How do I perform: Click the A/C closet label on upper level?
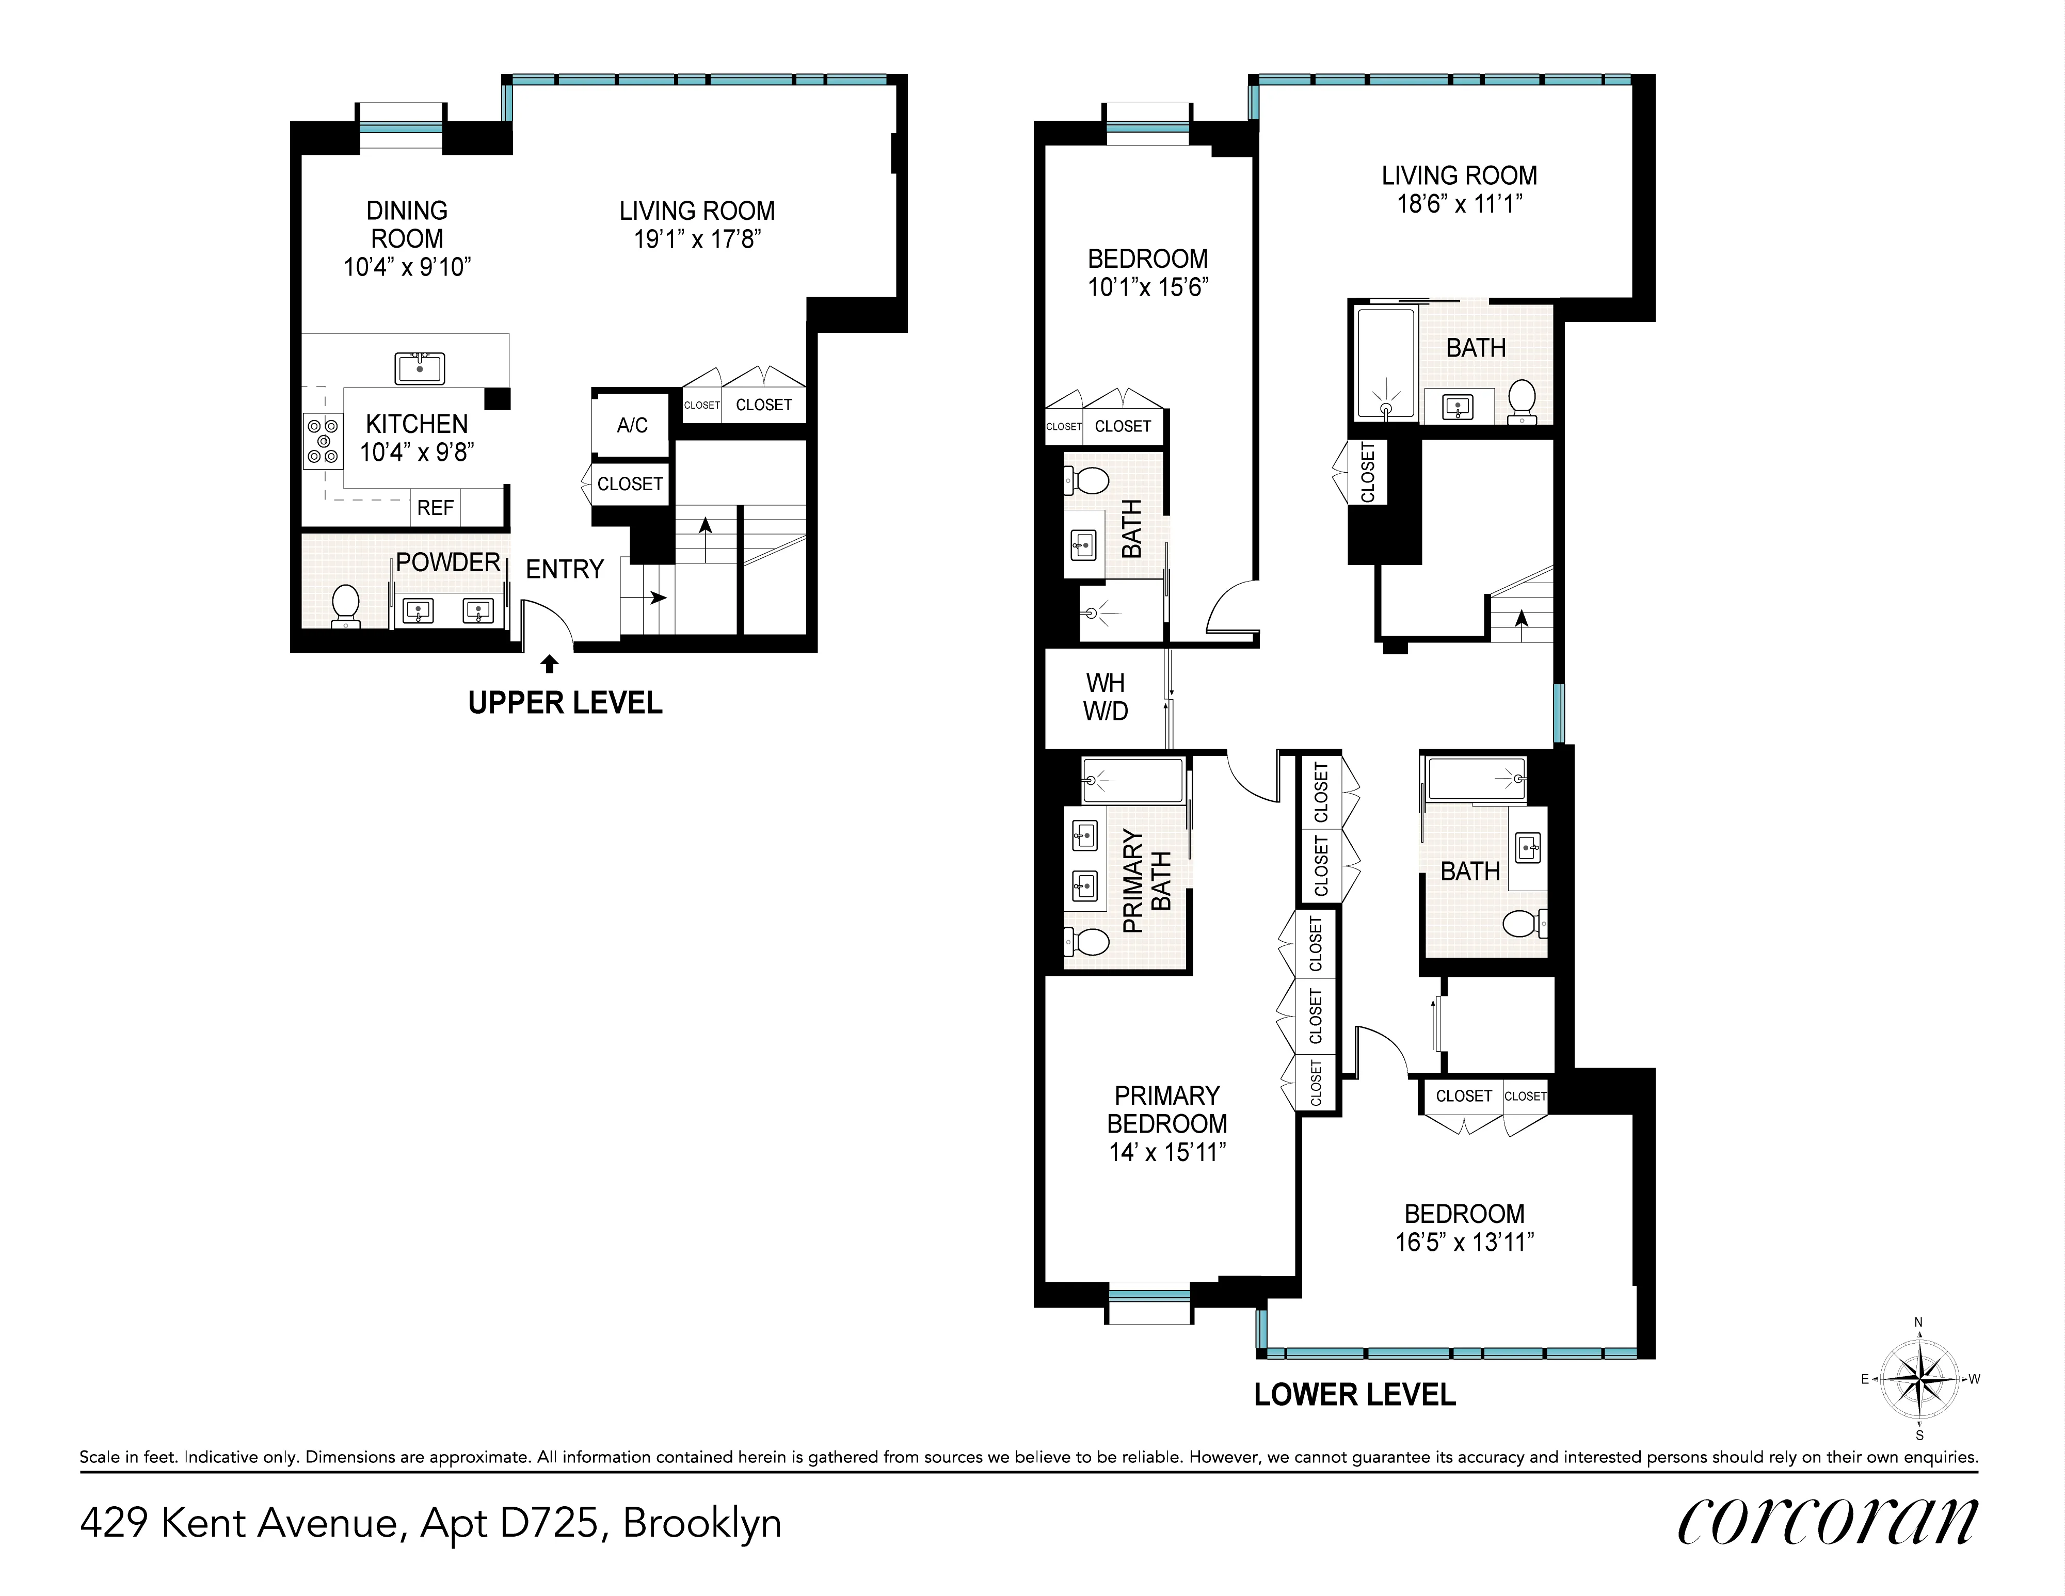click(x=632, y=426)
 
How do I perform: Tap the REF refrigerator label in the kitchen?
click(x=435, y=508)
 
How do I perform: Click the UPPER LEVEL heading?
click(x=565, y=702)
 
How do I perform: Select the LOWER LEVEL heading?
click(x=1354, y=1395)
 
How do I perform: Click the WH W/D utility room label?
click(x=1106, y=697)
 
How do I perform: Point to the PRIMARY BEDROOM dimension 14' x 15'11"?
click(x=1167, y=1152)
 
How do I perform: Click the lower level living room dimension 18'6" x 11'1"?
click(x=1459, y=203)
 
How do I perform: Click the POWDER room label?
click(x=447, y=562)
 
